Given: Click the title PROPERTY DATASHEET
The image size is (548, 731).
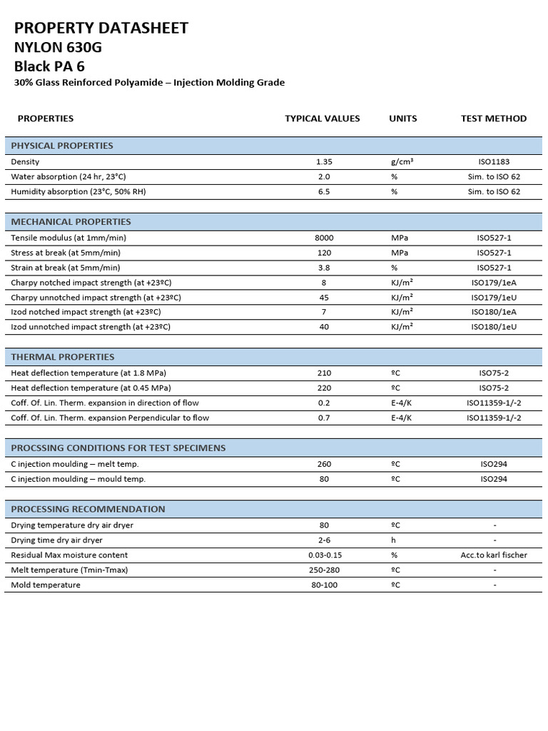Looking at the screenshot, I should [101, 29].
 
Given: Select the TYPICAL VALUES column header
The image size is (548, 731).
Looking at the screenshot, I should [323, 119].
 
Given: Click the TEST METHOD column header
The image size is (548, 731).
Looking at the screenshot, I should [494, 119].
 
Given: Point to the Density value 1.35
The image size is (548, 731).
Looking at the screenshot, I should [324, 162].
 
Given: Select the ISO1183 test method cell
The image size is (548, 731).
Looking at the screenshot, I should [494, 162].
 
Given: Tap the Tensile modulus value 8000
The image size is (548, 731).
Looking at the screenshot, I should [324, 238].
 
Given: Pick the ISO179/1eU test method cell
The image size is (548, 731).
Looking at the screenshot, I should [494, 298].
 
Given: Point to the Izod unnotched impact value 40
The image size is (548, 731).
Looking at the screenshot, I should [324, 327].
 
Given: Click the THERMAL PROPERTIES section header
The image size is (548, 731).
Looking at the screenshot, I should [63, 357].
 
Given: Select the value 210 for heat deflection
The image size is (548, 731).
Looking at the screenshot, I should [324, 373].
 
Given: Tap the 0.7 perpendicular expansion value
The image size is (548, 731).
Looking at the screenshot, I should [324, 418].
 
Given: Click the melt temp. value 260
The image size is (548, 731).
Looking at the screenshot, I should [324, 464].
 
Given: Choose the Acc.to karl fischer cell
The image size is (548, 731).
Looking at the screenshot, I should [494, 555].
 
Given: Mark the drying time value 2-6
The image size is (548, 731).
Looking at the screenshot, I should [324, 540].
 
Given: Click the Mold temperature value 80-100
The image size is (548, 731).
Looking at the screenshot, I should [324, 585].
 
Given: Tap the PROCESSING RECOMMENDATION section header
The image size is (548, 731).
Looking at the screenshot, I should [88, 510].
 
